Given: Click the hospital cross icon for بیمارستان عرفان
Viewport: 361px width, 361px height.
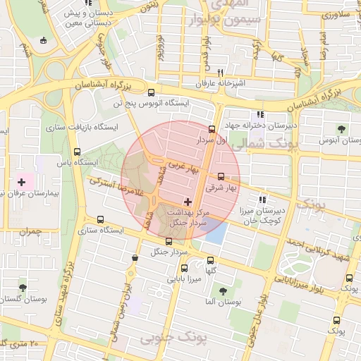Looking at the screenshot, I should tap(21, 183).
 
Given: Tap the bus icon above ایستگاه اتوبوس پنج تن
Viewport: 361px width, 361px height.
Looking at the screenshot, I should tap(151, 92).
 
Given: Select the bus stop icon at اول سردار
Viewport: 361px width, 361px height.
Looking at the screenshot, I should tap(212, 129).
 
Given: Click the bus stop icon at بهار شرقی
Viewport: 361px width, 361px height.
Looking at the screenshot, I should tap(221, 177).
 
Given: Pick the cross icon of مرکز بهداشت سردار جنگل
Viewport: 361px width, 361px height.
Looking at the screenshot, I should tap(187, 202).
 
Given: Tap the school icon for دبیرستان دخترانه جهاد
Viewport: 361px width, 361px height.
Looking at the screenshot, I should tap(260, 114).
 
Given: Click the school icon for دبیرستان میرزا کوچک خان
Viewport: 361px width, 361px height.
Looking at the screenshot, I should tap(263, 200).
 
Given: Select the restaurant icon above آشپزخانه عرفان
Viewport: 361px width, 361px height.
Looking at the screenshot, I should tap(221, 73).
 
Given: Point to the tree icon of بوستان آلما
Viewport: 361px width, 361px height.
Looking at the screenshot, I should tap(223, 290).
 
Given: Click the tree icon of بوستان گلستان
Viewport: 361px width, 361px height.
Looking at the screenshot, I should tap(23, 288).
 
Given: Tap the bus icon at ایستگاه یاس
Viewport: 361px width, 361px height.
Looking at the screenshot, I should tap(77, 152).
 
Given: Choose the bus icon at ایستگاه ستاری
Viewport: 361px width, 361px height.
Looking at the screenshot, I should tap(99, 219).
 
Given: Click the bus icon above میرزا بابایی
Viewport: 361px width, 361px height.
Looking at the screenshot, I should tap(185, 268).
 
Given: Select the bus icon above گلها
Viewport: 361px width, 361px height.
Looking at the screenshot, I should tap(210, 261).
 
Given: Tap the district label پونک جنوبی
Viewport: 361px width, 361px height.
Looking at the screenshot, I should tap(174, 340).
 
